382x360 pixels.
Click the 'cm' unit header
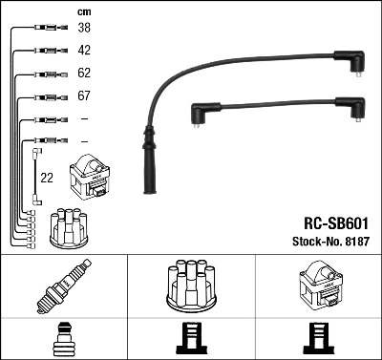tap(83, 11)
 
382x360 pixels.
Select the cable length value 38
tap(83, 29)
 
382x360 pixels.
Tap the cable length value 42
tap(83, 50)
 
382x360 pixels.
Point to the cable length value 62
tap(83, 74)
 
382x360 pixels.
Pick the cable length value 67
tap(83, 96)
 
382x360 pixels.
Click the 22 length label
tap(47, 177)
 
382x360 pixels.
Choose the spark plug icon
tap(63, 286)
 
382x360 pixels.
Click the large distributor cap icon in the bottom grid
tap(191, 286)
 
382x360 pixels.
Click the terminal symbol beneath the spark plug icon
tap(63, 339)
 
